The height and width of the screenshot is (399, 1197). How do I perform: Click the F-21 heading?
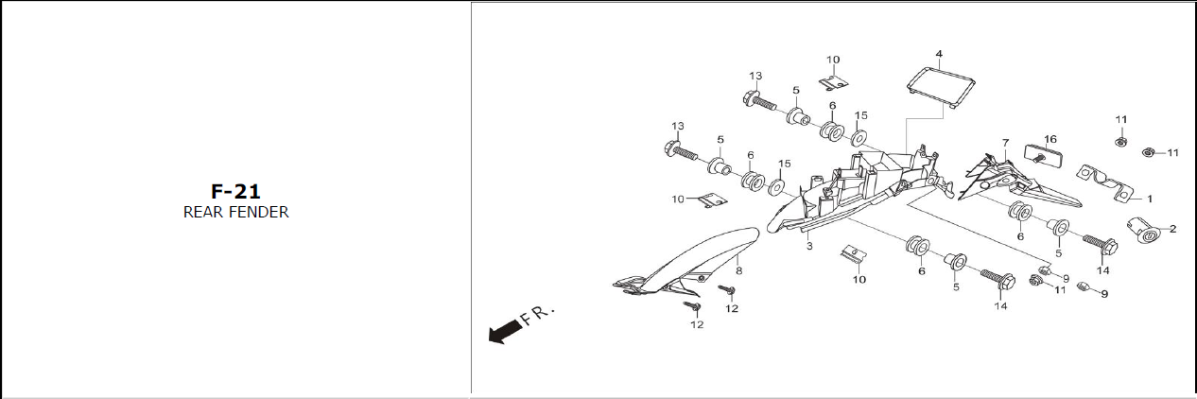pyautogui.click(x=235, y=192)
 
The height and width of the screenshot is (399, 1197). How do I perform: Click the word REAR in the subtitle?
pyautogui.click(x=203, y=212)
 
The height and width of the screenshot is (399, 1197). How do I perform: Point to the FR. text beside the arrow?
pyautogui.click(x=538, y=315)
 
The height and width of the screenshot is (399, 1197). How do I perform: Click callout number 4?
pyautogui.click(x=939, y=54)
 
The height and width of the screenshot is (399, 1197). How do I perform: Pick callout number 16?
pyautogui.click(x=1050, y=139)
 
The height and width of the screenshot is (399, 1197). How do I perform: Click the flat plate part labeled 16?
pyautogui.click(x=1043, y=156)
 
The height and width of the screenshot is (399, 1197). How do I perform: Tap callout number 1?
pyautogui.click(x=1150, y=199)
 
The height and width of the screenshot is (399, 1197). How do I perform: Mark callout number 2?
pyautogui.click(x=1173, y=229)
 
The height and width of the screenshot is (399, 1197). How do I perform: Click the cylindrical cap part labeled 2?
pyautogui.click(x=1143, y=230)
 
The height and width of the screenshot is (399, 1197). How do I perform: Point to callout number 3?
pyautogui.click(x=809, y=246)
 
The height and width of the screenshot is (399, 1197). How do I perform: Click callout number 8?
pyautogui.click(x=739, y=271)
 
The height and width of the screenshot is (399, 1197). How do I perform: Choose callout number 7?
pyautogui.click(x=1006, y=143)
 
